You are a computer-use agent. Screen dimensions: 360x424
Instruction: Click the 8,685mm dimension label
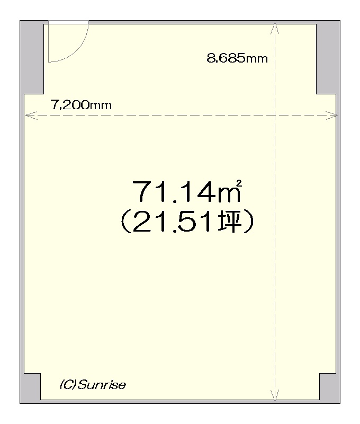(x=237, y=58)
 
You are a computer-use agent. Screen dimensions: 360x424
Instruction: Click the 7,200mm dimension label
(x=81, y=105)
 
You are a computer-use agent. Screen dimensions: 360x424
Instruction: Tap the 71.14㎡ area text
(x=186, y=191)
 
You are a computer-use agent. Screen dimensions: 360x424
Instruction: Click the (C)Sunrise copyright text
(x=93, y=385)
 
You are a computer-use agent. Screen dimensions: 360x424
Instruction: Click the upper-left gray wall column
(x=32, y=57)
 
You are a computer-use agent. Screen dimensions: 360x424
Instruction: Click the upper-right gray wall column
(x=328, y=57)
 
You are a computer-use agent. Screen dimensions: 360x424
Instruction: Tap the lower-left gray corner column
(x=30, y=388)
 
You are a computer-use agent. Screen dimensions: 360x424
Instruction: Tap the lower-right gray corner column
(x=330, y=388)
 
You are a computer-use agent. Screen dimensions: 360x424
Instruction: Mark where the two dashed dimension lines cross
(x=275, y=115)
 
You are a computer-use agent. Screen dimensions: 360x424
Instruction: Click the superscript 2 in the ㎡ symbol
(x=238, y=183)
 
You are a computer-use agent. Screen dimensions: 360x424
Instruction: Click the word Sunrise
(x=102, y=385)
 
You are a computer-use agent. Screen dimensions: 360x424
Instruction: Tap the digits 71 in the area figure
(x=148, y=191)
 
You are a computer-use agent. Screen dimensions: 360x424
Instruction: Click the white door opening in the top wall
(x=69, y=22)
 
